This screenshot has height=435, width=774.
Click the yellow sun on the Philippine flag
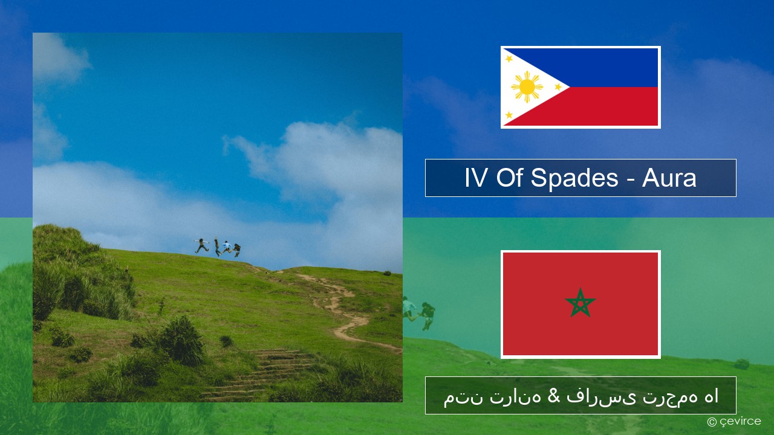[527, 87]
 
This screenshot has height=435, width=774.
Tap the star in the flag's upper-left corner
[509, 59]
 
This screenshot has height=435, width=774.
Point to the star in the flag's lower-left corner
[509, 115]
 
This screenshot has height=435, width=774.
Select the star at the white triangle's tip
[558, 86]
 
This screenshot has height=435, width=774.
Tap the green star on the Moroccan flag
[580, 303]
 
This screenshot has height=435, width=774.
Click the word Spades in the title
[574, 178]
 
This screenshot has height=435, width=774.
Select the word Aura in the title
[669, 178]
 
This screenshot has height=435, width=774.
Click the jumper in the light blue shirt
[227, 247]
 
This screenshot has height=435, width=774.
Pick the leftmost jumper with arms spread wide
[201, 245]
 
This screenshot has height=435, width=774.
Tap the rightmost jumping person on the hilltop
[237, 250]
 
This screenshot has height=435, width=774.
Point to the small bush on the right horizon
[387, 273]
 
